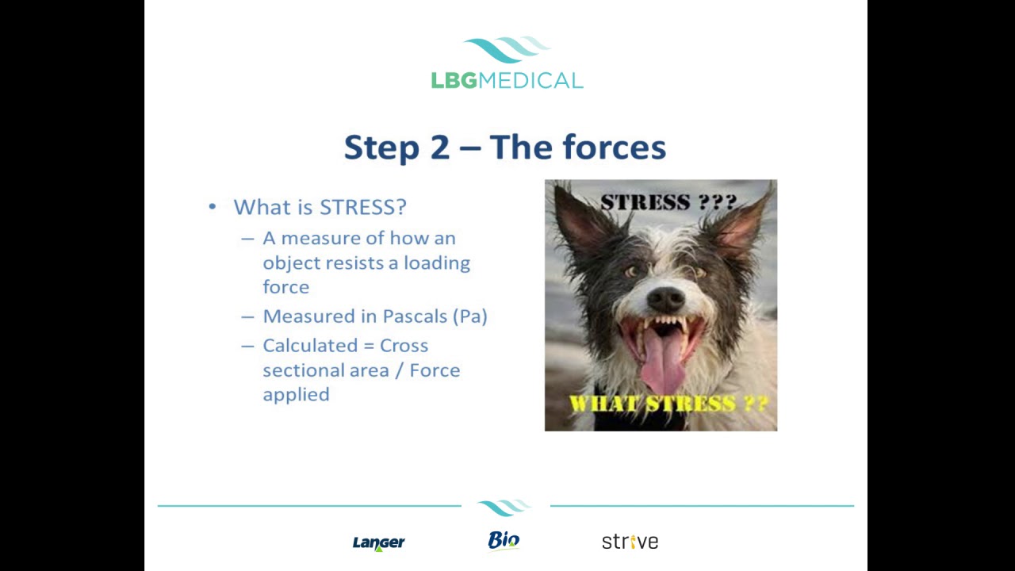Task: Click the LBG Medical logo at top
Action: click(507, 63)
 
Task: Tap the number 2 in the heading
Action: click(439, 148)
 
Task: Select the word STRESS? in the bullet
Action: click(362, 207)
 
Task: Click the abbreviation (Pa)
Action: click(469, 316)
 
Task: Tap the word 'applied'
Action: click(296, 394)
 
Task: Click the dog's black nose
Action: click(665, 298)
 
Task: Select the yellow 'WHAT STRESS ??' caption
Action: click(668, 404)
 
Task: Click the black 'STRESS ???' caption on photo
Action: click(668, 201)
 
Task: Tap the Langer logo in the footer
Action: click(378, 542)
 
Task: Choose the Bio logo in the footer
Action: click(504, 541)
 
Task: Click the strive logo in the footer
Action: click(630, 542)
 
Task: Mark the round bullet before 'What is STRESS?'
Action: click(212, 207)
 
